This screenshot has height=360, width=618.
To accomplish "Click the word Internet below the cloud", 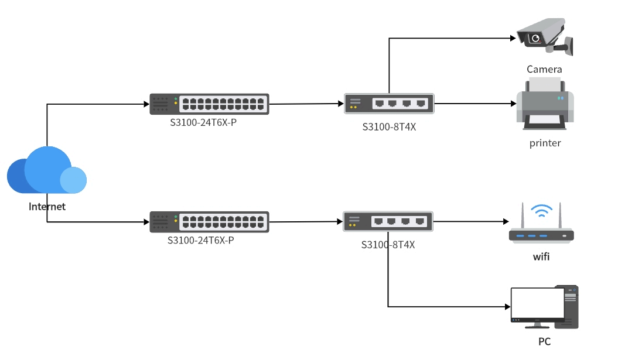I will tap(47, 207).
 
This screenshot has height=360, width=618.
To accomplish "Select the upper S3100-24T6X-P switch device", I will tap(209, 104).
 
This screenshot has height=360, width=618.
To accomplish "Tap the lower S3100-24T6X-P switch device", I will tap(209, 222).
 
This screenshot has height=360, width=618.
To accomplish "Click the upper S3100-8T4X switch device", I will tap(389, 104).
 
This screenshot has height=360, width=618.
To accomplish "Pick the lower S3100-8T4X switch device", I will tap(388, 221).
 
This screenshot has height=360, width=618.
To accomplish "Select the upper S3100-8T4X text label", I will tap(389, 126).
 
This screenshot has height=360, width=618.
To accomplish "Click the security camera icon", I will tap(544, 36).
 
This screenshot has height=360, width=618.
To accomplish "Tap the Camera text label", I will tap(544, 70).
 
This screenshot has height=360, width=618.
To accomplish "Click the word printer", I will tap(545, 143).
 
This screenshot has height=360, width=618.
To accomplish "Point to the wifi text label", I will tap(541, 257).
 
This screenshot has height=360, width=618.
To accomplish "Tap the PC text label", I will tap(545, 342).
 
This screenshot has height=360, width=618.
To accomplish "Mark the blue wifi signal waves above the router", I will tap(541, 211).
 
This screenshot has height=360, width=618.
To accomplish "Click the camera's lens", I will tap(535, 39).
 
